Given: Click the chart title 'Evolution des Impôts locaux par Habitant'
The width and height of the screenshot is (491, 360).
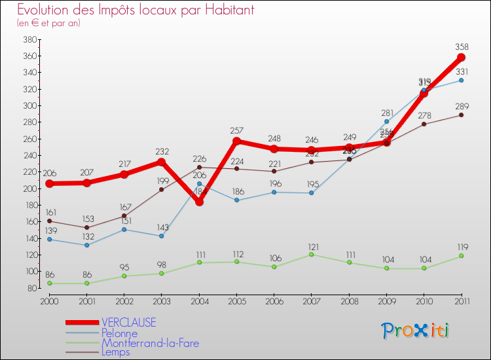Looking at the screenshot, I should pyautogui.click(x=136, y=10).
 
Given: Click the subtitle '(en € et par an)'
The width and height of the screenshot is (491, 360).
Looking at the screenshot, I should pyautogui.click(x=48, y=23).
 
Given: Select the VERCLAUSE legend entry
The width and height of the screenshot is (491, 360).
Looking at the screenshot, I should pyautogui.click(x=129, y=323).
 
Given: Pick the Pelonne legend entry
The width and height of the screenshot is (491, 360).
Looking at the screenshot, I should pyautogui.click(x=119, y=333).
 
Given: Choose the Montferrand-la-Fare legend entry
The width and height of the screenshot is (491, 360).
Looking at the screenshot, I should pyautogui.click(x=150, y=343).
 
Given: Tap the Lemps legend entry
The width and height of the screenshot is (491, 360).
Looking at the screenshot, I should pyautogui.click(x=115, y=352).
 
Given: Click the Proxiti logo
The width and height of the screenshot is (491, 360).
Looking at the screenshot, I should pyautogui.click(x=416, y=331).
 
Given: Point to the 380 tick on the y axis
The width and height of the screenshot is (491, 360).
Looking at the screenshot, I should pyautogui.click(x=28, y=39).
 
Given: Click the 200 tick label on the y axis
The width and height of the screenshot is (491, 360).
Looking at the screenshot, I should pyautogui.click(x=28, y=189).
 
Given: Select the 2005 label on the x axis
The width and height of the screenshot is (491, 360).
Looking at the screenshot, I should pyautogui.click(x=236, y=300).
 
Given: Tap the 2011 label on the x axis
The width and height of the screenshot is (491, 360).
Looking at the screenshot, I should pyautogui.click(x=461, y=300).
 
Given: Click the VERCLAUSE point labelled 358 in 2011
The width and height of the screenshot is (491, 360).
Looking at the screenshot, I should pyautogui.click(x=461, y=58).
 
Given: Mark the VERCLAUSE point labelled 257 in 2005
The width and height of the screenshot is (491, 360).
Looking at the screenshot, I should pyautogui.click(x=236, y=141).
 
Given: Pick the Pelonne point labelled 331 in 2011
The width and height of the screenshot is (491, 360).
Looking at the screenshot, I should pyautogui.click(x=461, y=80).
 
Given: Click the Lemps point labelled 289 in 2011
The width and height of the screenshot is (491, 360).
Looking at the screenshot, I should pyautogui.click(x=461, y=115).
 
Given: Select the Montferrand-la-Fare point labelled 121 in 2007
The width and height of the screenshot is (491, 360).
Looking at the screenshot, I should pyautogui.click(x=312, y=254).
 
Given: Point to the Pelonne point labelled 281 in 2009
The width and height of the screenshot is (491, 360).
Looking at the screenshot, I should pyautogui.click(x=386, y=121).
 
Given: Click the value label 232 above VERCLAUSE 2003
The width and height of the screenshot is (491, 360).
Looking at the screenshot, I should pyautogui.click(x=162, y=151).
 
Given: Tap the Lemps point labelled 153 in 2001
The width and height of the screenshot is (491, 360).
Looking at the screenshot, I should pyautogui.click(x=86, y=227).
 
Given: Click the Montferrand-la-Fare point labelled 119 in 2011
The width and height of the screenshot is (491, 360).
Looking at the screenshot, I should pyautogui.click(x=461, y=255).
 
